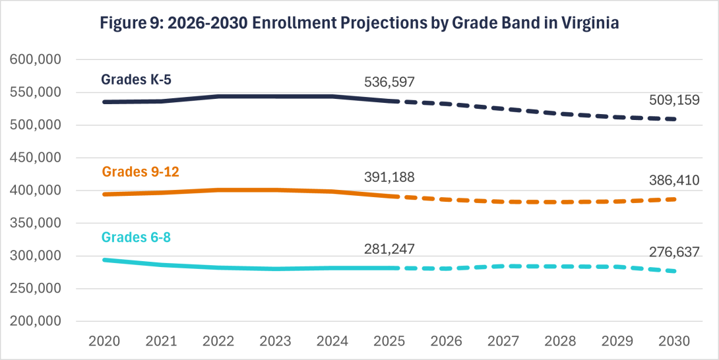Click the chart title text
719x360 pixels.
pyautogui.click(x=359, y=24)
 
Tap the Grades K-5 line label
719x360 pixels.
pyautogui.click(x=137, y=80)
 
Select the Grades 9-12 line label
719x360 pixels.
pyautogui.click(x=141, y=171)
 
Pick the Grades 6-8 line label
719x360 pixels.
pyautogui.click(x=137, y=237)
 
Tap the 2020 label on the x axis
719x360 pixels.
pyautogui.click(x=104, y=342)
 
